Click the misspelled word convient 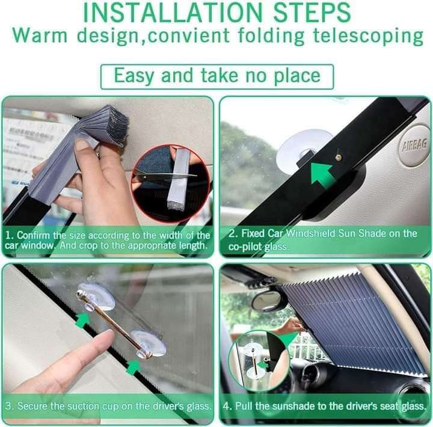pos(188,35)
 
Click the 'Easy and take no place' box pos(217,76)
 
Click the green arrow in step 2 pos(322,175)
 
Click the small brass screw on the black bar pos(339,158)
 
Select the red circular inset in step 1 pos(171,183)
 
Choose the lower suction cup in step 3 pos(148,344)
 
